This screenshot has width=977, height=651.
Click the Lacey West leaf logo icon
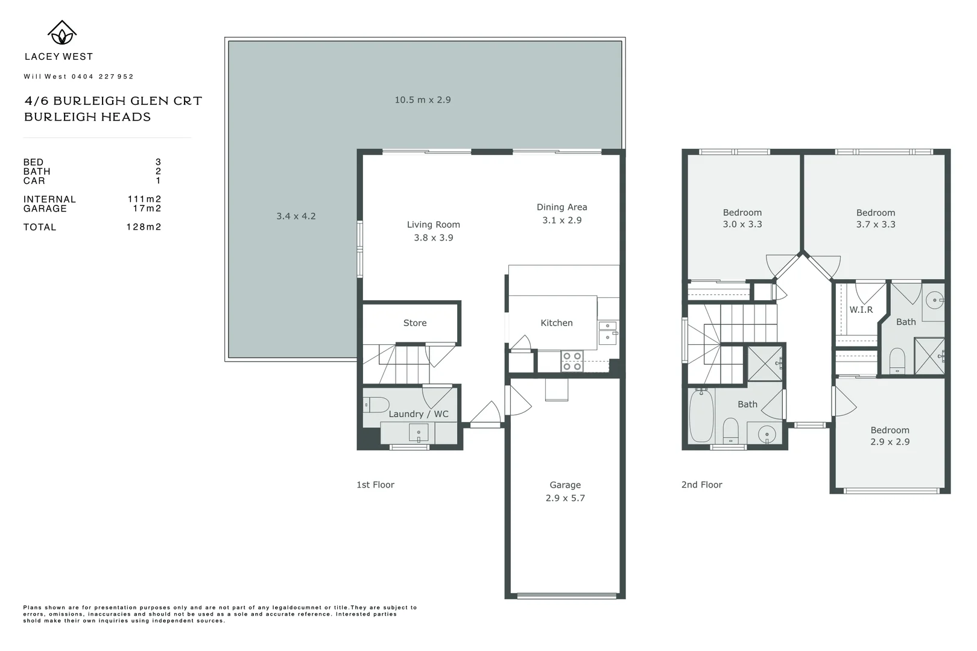pos(62,33)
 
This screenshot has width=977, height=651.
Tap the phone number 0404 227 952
pos(103,77)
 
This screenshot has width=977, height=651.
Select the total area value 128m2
pos(144,227)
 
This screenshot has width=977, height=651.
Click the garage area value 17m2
pos(147,209)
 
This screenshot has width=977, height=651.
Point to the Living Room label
pos(433,225)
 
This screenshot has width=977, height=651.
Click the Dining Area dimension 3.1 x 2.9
pos(561,221)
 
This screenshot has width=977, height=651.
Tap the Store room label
pos(415,323)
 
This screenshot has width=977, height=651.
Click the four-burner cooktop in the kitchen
pos(572,361)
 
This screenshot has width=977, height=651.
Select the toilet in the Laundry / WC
pos(376,404)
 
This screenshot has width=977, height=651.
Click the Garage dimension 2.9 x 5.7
pos(565,498)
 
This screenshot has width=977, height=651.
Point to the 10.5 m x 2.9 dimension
pos(423,100)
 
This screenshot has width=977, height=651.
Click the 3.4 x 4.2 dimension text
pos(296,216)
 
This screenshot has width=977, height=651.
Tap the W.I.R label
pos(861,310)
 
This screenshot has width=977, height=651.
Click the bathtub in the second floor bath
pos(701,416)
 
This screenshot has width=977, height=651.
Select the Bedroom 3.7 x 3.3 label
pos(876,218)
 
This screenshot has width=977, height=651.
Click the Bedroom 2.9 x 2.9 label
pos(890,436)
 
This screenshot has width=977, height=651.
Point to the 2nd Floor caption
pos(701,485)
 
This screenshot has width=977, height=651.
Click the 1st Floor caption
pos(375,485)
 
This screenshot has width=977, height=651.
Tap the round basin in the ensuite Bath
pos(934,300)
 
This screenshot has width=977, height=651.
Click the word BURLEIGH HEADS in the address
pos(87,117)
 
